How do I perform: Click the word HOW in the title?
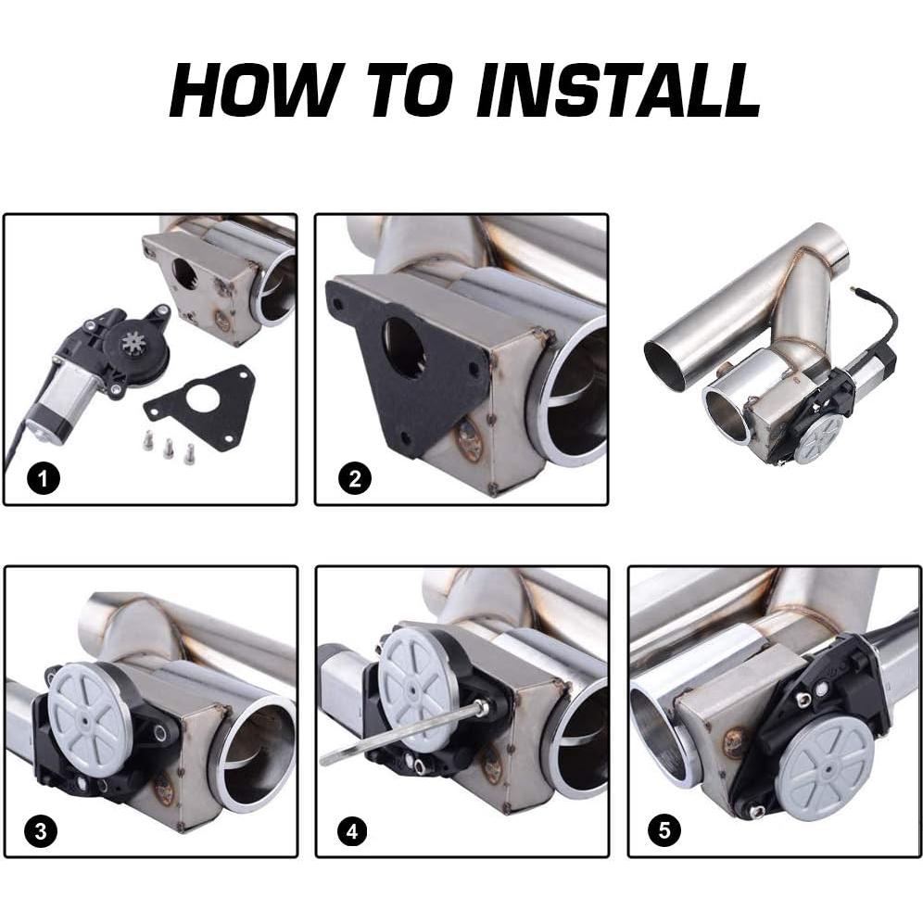point(253,91)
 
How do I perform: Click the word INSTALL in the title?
point(617,91)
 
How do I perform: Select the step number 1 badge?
point(44,478)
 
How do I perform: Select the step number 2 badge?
point(354,478)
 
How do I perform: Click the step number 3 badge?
point(41,832)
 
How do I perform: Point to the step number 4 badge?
point(352,832)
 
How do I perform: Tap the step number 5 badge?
point(664,830)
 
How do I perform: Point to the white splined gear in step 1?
point(131,340)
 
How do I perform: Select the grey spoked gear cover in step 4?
point(416,685)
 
